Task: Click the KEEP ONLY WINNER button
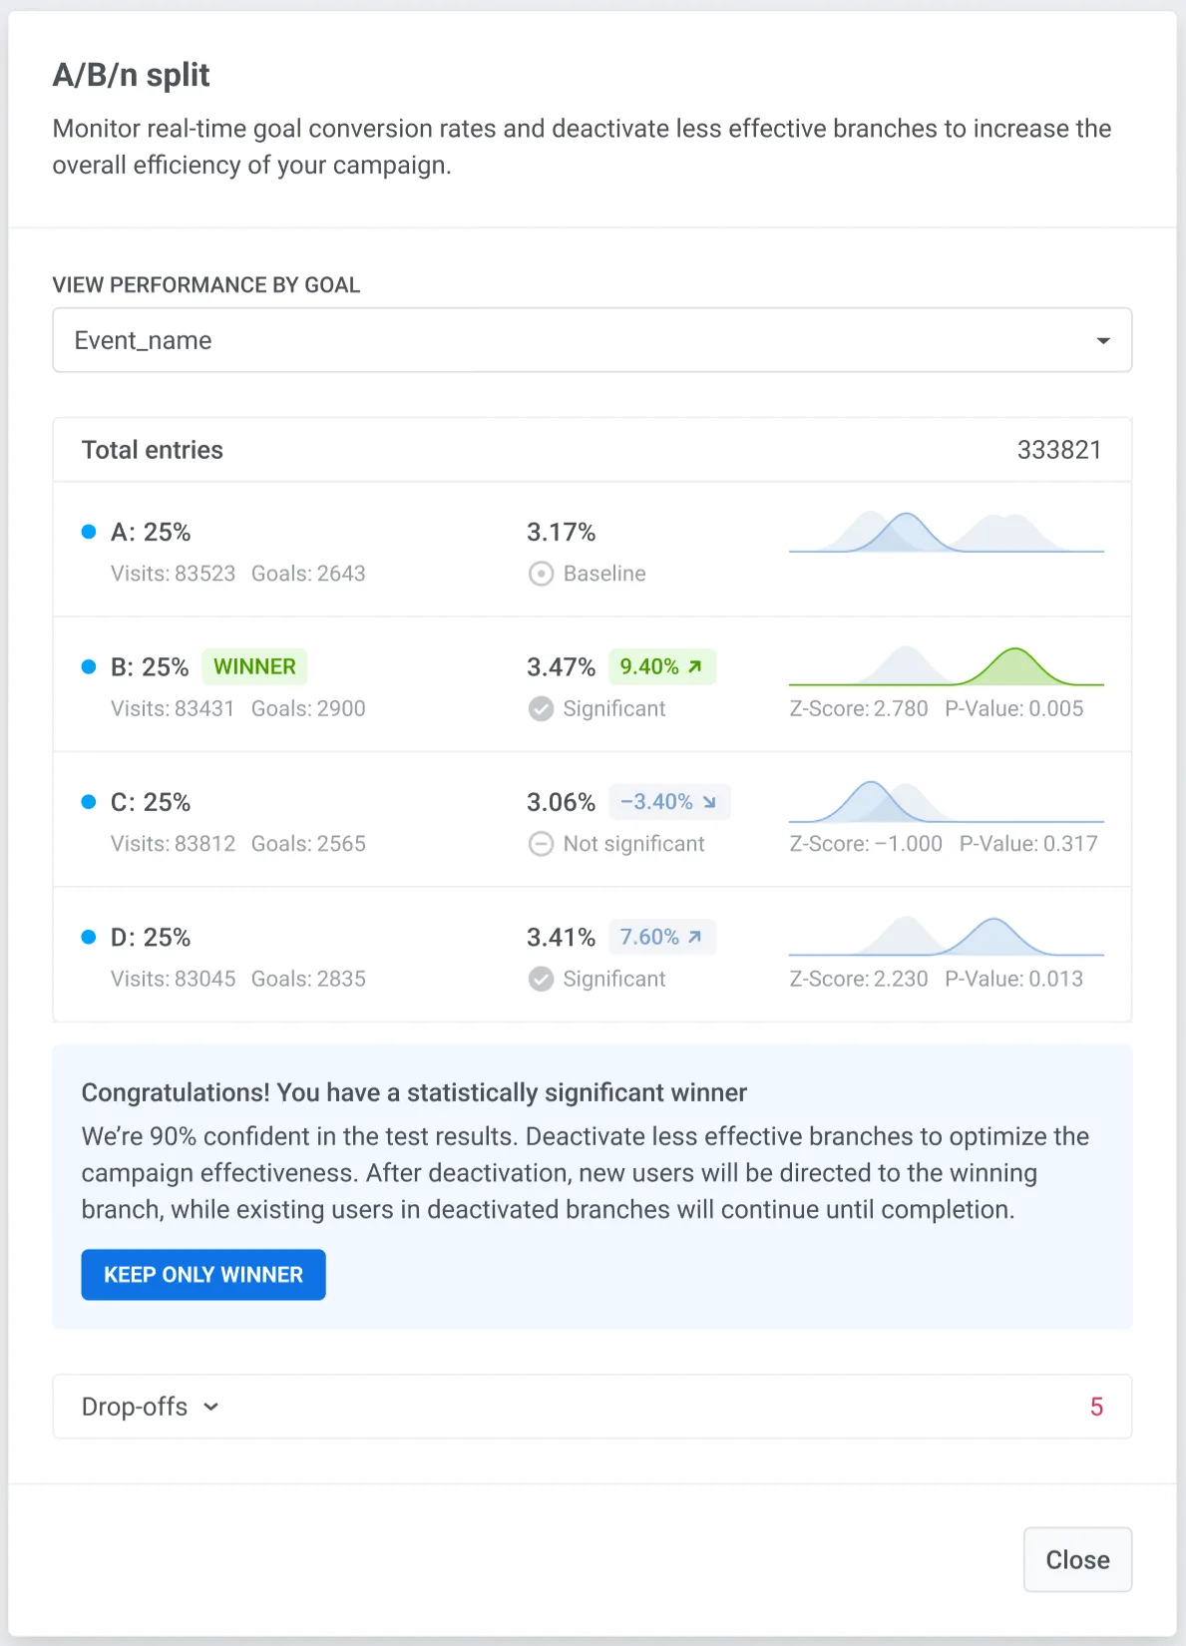(203, 1275)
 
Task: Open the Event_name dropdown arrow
(1103, 341)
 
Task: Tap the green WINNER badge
(254, 666)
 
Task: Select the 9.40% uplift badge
(661, 666)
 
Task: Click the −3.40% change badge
(668, 802)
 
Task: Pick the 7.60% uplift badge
(661, 937)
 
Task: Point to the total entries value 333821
(1058, 450)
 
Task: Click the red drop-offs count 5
(1096, 1407)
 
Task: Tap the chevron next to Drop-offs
(211, 1407)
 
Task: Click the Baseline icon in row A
(541, 574)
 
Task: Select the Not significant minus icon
(541, 844)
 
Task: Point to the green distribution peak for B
(1014, 664)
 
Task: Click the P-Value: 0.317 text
(1027, 844)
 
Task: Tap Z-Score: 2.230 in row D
(858, 979)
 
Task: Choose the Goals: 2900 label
(308, 708)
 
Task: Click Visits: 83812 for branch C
(173, 844)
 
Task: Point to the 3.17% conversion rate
(561, 532)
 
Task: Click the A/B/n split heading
(131, 75)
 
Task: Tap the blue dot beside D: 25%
(89, 937)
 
